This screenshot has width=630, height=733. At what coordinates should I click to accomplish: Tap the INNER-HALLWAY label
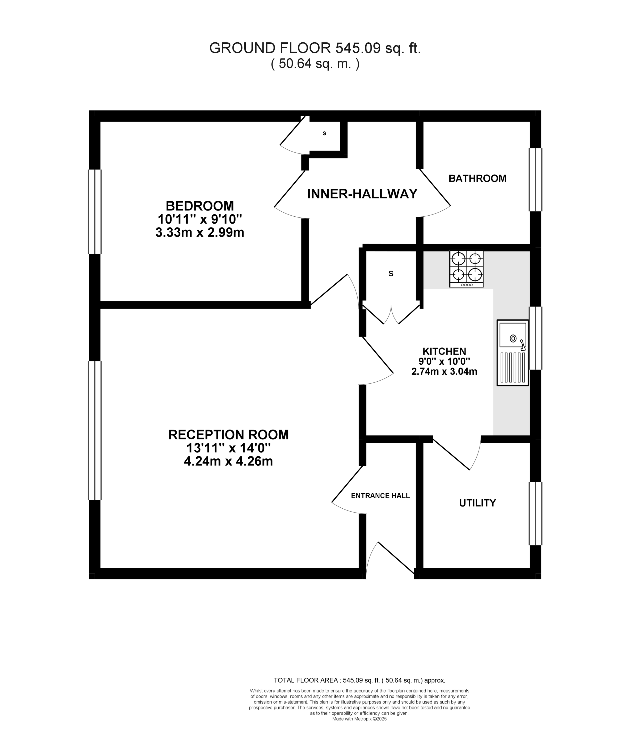pos(362,194)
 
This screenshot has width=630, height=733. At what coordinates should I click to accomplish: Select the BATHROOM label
pos(477,178)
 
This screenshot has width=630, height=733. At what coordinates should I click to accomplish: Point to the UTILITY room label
pos(477,503)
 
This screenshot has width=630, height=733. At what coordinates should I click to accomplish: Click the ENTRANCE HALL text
pos(380,496)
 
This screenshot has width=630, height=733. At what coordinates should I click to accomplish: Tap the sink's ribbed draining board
pos(512,368)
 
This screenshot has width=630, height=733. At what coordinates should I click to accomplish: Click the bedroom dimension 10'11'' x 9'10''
pos(200,219)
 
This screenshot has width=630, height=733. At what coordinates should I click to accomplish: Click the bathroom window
pos(535,180)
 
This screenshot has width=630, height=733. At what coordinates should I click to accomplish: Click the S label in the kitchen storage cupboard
pos(391,273)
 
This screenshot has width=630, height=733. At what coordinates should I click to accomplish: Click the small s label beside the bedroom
pos(324,133)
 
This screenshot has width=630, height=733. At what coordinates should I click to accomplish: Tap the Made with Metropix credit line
pos(359,719)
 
